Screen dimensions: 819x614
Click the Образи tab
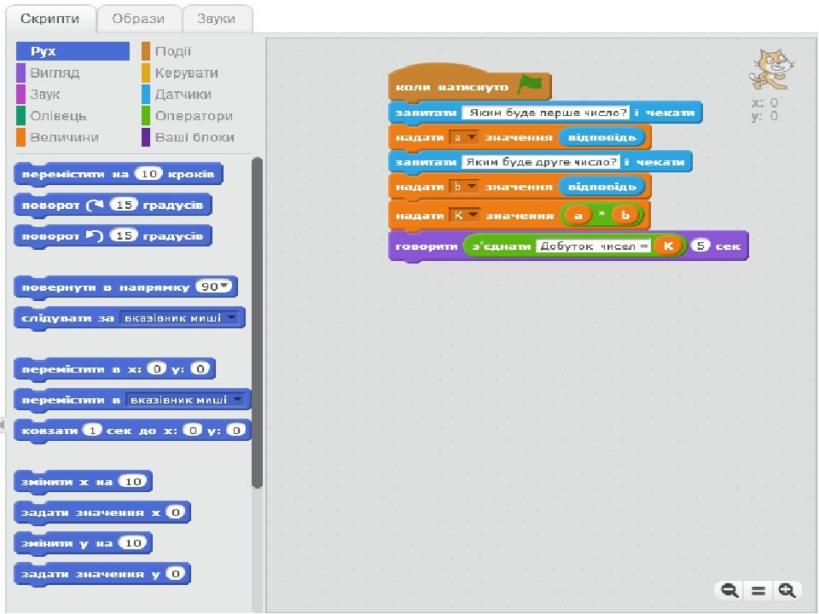[138, 19]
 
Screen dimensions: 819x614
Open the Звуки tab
[216, 19]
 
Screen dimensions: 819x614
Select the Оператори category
[194, 116]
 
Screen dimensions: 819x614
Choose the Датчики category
[183, 95]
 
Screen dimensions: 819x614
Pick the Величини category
[64, 137]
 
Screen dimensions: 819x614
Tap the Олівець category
[58, 116]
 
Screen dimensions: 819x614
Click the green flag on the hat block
[530, 84]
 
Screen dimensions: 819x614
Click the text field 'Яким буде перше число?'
[546, 113]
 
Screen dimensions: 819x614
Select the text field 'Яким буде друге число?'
[541, 162]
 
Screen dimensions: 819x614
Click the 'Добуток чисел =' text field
[594, 246]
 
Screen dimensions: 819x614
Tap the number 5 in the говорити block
[700, 246]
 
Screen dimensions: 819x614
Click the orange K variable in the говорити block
[668, 246]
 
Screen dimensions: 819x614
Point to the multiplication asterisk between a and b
[601, 214]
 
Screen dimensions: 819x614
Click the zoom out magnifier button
[729, 590]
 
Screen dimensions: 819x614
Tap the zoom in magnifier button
[787, 590]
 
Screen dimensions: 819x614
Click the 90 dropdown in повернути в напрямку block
[213, 287]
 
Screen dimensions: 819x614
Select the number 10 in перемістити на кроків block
[148, 174]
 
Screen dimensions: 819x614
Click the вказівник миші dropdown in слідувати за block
[179, 318]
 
